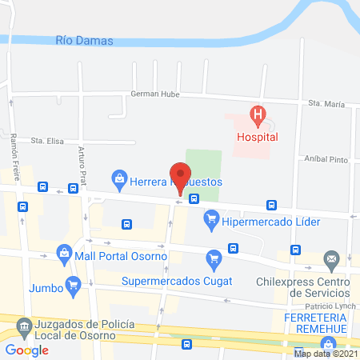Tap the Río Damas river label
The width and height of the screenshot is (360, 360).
point(85,40)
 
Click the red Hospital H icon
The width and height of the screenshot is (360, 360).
point(257,117)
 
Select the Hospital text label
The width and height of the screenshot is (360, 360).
point(257,137)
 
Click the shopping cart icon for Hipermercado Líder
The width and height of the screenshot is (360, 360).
point(212,217)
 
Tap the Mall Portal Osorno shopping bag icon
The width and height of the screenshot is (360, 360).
point(63,256)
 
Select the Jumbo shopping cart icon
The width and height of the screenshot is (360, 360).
point(74,284)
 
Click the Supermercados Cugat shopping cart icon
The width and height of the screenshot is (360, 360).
point(213,258)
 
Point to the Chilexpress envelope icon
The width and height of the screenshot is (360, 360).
point(331,258)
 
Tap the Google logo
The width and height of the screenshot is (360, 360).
point(27,350)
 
